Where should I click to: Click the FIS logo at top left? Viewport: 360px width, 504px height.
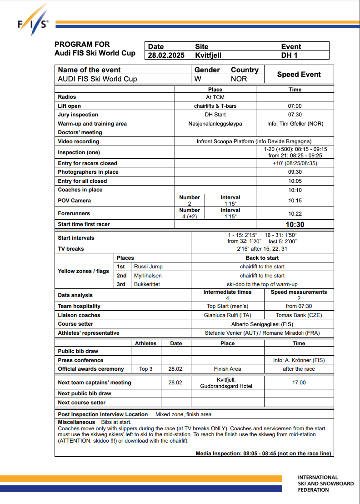pyautogui.click(x=32, y=21)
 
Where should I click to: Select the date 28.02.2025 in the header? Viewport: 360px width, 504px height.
pyautogui.click(x=166, y=55)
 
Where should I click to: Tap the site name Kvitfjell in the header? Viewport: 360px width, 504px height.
pyautogui.click(x=208, y=55)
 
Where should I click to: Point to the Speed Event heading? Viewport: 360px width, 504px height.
pyautogui.click(x=299, y=74)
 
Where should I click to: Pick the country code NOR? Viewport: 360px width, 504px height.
pyautogui.click(x=239, y=79)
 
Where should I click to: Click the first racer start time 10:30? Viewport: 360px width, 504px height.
pyautogui.click(x=295, y=224)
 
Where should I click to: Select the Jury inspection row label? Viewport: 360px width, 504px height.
pyautogui.click(x=78, y=115)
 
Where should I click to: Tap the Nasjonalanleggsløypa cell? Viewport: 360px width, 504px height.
pyautogui.click(x=215, y=124)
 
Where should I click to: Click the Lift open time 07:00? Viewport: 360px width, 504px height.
pyautogui.click(x=295, y=106)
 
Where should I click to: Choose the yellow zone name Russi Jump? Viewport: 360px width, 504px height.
pyautogui.click(x=148, y=267)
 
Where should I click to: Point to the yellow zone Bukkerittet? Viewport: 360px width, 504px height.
pyautogui.click(x=147, y=284)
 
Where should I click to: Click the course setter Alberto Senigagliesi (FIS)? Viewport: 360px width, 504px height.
pyautogui.click(x=262, y=324)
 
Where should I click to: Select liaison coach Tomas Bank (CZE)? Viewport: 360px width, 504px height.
pyautogui.click(x=299, y=315)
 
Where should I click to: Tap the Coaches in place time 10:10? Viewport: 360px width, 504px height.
pyautogui.click(x=295, y=190)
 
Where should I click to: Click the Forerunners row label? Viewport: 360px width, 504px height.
pyautogui.click(x=74, y=213)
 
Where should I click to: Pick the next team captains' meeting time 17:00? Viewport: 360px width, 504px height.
pyautogui.click(x=299, y=383)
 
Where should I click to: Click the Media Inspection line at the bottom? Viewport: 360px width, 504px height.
pyautogui.click(x=264, y=453)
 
